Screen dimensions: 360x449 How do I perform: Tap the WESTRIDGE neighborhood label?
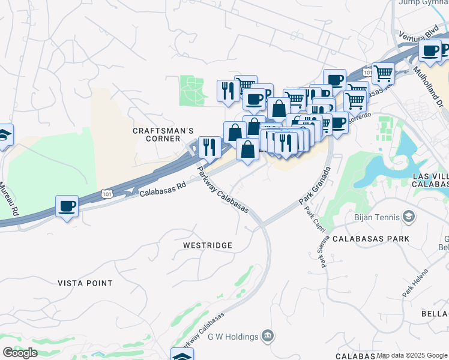207,245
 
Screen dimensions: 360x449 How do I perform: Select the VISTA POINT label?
85,283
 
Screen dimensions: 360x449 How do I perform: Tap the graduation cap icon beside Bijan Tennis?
409,216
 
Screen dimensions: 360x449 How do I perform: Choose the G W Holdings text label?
232,336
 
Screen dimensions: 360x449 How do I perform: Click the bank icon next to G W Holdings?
267,335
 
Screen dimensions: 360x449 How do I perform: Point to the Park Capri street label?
310,221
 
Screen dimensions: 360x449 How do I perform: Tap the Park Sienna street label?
323,253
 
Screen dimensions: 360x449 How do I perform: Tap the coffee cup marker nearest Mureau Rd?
67,207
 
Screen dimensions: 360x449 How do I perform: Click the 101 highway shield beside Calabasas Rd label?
106,194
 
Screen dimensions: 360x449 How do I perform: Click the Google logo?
20,353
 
